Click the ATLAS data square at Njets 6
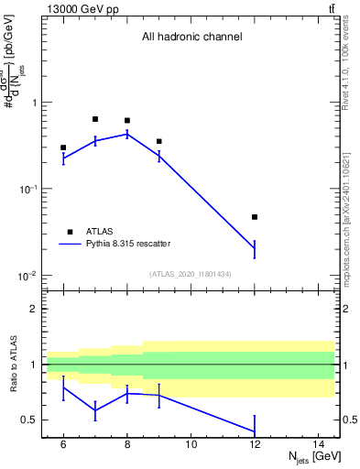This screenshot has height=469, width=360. (x=63, y=147)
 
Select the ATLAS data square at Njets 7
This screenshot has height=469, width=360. (x=95, y=119)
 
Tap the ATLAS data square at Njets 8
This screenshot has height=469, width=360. (x=127, y=120)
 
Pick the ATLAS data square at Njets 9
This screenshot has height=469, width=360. (x=159, y=141)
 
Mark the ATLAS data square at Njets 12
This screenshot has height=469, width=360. (x=255, y=217)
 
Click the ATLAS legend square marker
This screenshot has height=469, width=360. (x=71, y=231)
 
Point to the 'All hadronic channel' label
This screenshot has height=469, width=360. (x=191, y=38)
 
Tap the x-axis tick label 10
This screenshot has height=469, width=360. (x=191, y=445)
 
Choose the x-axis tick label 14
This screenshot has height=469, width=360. (x=320, y=445)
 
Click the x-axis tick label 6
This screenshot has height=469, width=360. (x=63, y=445)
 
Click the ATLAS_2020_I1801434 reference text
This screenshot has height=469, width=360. (x=191, y=274)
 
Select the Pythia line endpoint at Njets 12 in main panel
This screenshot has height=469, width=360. (x=255, y=248)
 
